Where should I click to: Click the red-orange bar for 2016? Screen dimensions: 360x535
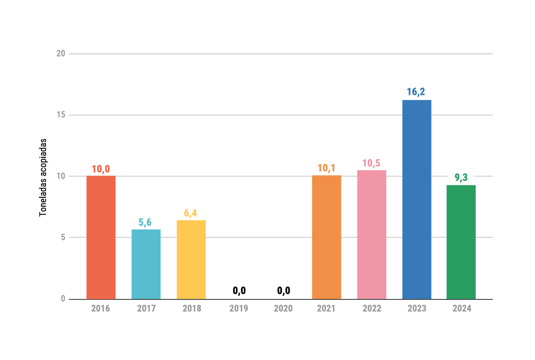click(x=101, y=237)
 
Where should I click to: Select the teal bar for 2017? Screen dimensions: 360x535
click(x=146, y=264)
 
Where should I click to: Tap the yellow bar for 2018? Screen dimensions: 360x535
click(x=191, y=259)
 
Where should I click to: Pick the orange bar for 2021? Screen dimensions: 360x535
click(x=326, y=237)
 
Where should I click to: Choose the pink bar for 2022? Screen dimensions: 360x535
click(x=371, y=234)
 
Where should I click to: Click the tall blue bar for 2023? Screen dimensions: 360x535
click(x=416, y=199)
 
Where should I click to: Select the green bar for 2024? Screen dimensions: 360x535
click(x=461, y=241)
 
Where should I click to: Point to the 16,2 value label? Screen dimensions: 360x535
click(x=416, y=92)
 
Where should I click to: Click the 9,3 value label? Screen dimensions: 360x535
click(x=461, y=178)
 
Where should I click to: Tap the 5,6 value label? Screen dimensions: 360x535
click(x=145, y=222)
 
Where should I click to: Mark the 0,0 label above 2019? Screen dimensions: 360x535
click(x=239, y=291)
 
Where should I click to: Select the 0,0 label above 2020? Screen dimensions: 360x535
click(x=284, y=291)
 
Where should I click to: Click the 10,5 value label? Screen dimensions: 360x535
click(x=371, y=163)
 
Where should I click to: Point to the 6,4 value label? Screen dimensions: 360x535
click(x=190, y=213)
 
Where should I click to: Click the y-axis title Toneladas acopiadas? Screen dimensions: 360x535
click(x=43, y=177)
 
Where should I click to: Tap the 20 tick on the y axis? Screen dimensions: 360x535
click(x=61, y=54)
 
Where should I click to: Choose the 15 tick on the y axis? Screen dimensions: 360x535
click(x=61, y=115)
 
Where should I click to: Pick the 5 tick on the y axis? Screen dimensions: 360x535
click(x=63, y=237)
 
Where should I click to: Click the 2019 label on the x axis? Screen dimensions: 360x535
click(x=239, y=308)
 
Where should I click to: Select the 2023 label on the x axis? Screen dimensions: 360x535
click(x=416, y=308)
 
